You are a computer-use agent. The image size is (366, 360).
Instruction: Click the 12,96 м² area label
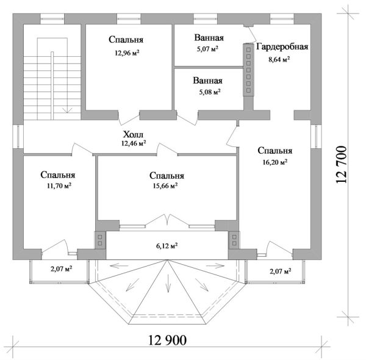pos(127,53)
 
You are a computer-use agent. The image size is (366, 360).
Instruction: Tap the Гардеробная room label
pos(282,47)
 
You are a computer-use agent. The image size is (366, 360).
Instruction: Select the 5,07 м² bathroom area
pos(207,49)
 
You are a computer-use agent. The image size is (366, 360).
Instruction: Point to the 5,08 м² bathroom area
pos(210,92)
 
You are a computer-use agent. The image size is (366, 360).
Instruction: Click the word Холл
pos(133,134)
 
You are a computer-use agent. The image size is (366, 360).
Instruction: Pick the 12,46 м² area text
pos(134,143)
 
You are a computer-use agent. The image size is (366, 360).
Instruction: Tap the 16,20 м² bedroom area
pos(275,162)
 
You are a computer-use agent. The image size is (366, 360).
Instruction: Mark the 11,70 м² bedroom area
pos(59,185)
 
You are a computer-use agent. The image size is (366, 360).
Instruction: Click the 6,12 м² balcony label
pos(167,246)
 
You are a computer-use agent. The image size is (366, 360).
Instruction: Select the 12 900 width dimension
pos(168,340)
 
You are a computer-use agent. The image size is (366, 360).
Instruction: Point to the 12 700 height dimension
pos(341,164)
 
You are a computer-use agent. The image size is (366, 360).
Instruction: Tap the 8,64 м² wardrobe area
pos(279,60)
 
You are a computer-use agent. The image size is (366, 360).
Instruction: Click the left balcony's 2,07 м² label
pos(61,269)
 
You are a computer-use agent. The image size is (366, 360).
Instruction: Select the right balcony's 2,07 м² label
pos(280,272)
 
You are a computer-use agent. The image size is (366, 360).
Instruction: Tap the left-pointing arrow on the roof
pos(120,265)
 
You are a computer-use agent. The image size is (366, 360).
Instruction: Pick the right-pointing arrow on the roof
pos(215,265)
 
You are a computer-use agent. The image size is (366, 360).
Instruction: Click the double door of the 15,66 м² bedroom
pos(167,220)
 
